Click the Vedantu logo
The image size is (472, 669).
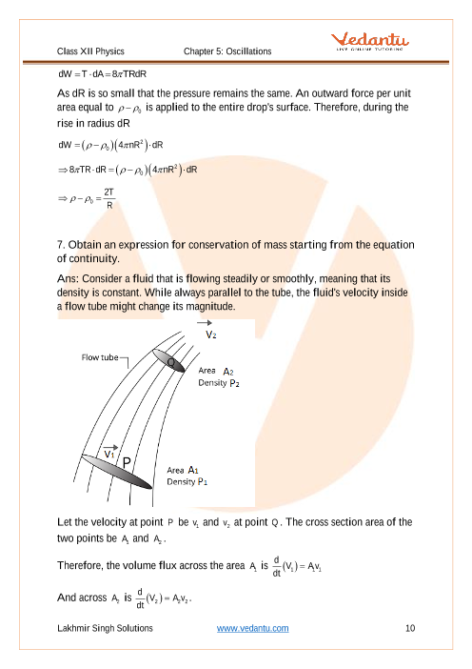pyautogui.click(x=370, y=41)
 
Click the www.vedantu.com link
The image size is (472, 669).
pyautogui.click(x=252, y=628)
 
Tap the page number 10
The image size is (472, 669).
pyautogui.click(x=410, y=628)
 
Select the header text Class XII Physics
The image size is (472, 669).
pyautogui.click(x=90, y=51)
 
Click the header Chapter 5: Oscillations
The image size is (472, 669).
pyautogui.click(x=227, y=51)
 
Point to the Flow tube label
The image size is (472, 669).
pyautogui.click(x=100, y=357)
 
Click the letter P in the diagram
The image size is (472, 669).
pyautogui.click(x=127, y=463)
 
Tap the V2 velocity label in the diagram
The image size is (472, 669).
pyautogui.click(x=211, y=334)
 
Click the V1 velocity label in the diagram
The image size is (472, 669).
pyautogui.click(x=109, y=454)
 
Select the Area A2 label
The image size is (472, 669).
pyautogui.click(x=216, y=371)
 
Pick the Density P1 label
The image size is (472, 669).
pyautogui.click(x=187, y=481)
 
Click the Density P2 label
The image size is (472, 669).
pyautogui.click(x=219, y=383)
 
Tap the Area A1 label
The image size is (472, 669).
pyautogui.click(x=183, y=470)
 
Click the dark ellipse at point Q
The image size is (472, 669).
pyautogui.click(x=168, y=361)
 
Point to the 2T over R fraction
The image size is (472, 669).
pyautogui.click(x=109, y=198)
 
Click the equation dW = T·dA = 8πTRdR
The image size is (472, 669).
pyautogui.click(x=102, y=73)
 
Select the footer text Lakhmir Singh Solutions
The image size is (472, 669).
pyautogui.click(x=105, y=628)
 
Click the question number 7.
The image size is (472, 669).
pyautogui.click(x=61, y=245)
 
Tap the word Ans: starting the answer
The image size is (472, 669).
pyautogui.click(x=69, y=279)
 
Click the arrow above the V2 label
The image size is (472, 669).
pyautogui.click(x=204, y=323)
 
